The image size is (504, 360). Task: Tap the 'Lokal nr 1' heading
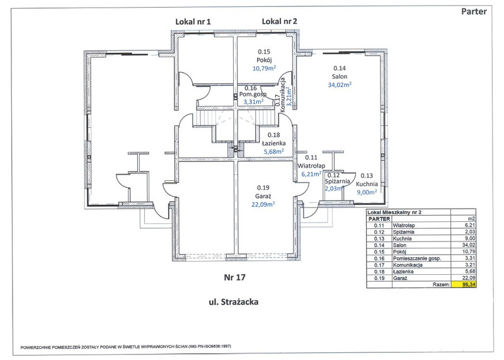193,21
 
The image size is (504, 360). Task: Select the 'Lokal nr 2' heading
280,21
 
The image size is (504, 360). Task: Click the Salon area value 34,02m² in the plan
340,86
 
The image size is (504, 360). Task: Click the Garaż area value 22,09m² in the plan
265,204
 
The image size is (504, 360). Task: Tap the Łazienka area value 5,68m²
273,151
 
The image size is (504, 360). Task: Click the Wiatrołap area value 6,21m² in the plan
311,173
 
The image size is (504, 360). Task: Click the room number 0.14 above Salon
340,67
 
